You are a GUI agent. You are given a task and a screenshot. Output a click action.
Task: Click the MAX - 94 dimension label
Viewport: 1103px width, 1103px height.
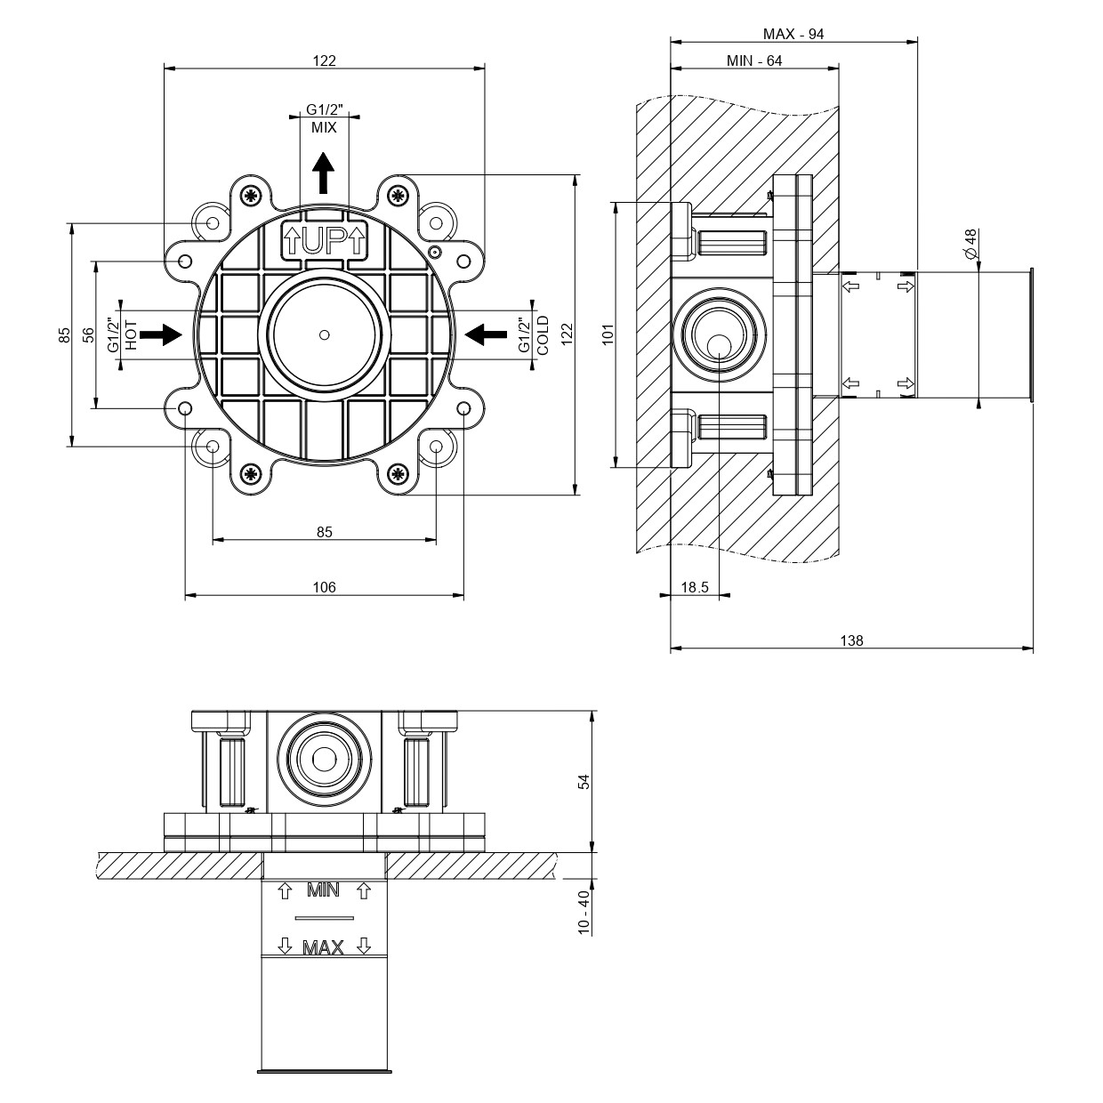click(793, 34)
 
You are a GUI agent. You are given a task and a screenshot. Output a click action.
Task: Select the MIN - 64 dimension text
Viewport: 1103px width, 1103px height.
click(754, 60)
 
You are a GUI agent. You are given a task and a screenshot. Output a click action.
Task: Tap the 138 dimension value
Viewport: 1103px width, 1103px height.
click(851, 640)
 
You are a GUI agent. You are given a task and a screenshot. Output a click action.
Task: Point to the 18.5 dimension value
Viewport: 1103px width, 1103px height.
click(694, 587)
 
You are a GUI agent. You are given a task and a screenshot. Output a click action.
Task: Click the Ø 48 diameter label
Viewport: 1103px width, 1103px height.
click(970, 243)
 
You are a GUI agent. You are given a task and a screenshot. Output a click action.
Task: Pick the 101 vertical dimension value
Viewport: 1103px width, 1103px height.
click(609, 334)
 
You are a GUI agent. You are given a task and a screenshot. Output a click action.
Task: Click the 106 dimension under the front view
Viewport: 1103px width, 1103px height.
click(324, 587)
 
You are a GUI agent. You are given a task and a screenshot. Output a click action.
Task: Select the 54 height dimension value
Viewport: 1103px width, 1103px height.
click(584, 781)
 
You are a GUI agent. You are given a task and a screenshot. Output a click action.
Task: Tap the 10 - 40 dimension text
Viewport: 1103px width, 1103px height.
click(584, 912)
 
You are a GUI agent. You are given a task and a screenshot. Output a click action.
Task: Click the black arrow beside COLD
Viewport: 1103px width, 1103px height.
click(487, 334)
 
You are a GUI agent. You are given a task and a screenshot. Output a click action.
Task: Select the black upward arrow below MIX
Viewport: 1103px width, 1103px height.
click(324, 173)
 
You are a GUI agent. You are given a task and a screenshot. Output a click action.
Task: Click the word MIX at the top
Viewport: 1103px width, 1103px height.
click(324, 127)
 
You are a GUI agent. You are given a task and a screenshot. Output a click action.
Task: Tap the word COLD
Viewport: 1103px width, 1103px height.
click(543, 334)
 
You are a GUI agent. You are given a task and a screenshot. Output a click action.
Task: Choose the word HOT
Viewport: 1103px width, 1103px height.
click(131, 334)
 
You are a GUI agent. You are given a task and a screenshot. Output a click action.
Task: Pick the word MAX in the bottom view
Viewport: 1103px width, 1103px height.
click(323, 948)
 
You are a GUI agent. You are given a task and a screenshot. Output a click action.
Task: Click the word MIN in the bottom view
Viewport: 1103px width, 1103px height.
click(323, 890)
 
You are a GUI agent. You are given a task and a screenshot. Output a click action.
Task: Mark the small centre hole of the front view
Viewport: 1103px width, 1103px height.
click(324, 335)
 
